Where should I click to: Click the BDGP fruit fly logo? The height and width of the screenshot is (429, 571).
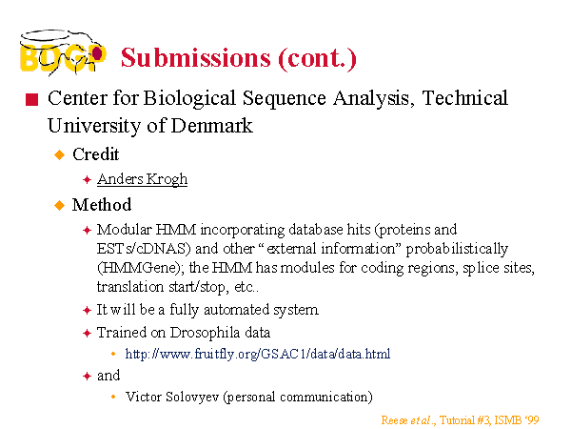pos(63,52)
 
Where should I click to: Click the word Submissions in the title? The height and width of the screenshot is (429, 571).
pos(196,57)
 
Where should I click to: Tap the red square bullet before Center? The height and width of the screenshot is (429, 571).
pos(32,99)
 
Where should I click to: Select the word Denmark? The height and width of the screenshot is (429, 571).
pos(211,126)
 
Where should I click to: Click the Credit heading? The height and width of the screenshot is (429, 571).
pos(96,154)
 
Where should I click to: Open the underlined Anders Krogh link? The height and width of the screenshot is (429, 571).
pos(142,179)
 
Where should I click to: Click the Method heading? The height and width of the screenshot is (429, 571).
pos(102,205)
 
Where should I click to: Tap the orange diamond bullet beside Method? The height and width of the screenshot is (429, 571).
pos(59,205)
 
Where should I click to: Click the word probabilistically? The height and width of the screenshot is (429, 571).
pos(457,249)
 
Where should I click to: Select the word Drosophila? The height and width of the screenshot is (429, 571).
pos(205,333)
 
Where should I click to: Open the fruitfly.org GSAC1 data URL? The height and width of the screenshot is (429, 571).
pos(258,354)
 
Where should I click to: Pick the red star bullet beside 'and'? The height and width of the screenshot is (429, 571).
pos(87,377)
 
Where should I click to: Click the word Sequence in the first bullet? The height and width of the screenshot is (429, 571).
pos(284,98)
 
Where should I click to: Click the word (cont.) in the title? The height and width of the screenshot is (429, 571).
pos(317,58)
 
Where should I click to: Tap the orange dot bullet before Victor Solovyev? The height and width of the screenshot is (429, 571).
pos(113,397)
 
